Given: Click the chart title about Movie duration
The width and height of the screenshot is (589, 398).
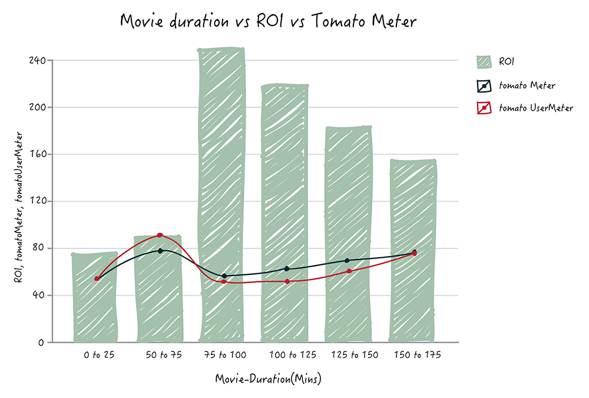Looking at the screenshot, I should click(268, 21).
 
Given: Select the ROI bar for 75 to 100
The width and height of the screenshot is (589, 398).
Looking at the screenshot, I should click(222, 194).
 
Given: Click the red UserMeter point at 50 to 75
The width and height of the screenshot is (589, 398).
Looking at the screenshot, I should click(160, 236).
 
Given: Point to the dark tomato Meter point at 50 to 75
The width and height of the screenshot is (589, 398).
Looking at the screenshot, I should click(160, 251).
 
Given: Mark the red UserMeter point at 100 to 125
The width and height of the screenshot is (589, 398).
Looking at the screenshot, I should click(287, 281).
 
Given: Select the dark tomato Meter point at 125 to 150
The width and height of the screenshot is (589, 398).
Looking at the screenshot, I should click(347, 260).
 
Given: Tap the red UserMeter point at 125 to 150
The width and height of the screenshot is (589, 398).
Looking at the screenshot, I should click(349, 271).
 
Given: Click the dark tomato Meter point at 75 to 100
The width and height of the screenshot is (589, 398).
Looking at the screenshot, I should click(224, 276).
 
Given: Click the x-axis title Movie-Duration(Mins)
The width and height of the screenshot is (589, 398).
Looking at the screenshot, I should click(268, 379).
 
